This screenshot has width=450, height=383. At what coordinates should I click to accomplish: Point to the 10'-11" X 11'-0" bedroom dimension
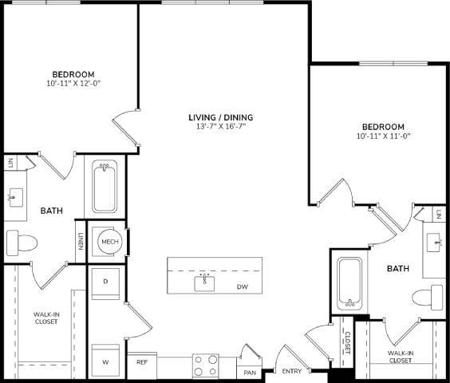(x=384, y=136)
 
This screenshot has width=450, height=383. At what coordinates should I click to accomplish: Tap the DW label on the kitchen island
(x=241, y=286)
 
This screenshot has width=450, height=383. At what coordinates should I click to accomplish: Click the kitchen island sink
(x=205, y=282)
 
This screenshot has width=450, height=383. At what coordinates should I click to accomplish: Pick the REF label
(x=142, y=361)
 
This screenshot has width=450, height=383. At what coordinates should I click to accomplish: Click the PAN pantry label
(x=250, y=373)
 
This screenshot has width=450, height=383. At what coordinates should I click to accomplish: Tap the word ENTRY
(x=291, y=372)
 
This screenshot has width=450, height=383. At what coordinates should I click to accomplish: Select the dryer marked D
(x=105, y=282)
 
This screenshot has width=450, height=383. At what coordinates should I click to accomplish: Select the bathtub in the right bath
(x=349, y=283)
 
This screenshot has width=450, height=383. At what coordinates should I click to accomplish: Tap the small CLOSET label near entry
(x=347, y=344)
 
